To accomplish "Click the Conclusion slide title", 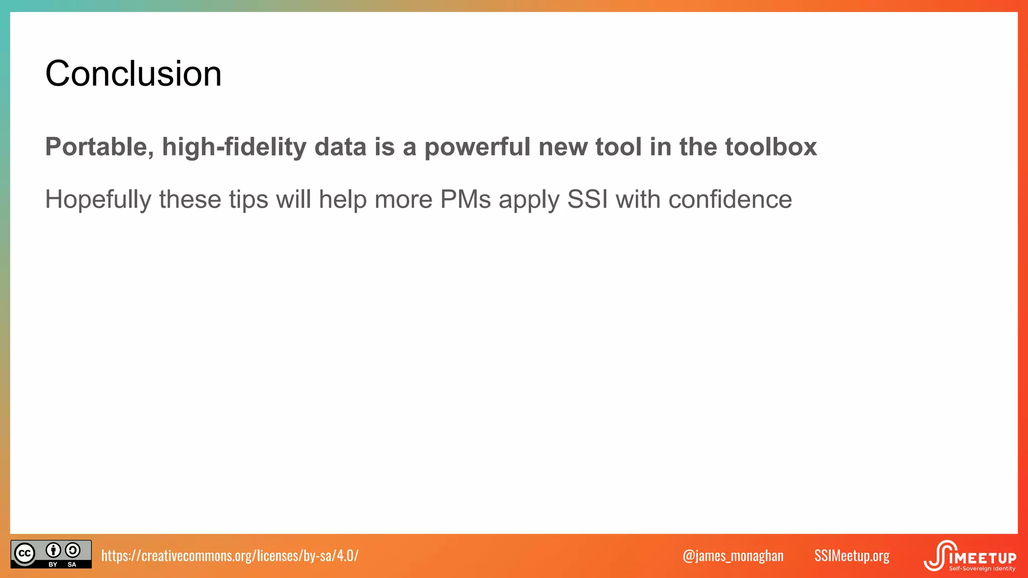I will point(133,74).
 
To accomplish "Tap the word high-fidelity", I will point(234,147).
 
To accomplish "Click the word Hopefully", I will point(98,200).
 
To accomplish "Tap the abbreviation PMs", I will point(465,200).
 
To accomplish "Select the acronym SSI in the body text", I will point(587,200).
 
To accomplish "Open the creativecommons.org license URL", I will point(230,555).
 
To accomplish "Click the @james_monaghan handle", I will point(733,555).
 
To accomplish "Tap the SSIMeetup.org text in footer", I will point(851,555).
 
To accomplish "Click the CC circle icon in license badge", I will point(25,554).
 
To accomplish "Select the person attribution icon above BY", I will point(53,550).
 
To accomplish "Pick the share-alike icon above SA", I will point(73,550).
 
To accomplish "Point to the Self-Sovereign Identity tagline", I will point(982,569).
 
